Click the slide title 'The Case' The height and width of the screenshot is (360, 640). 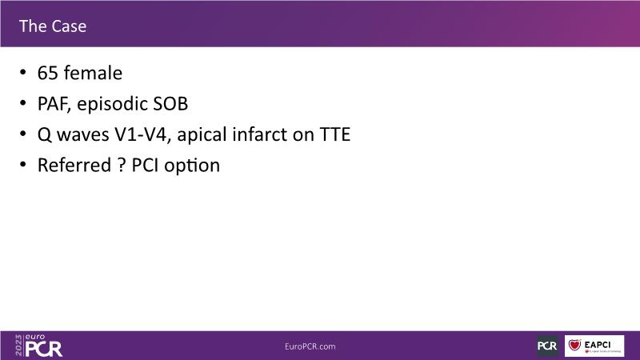53,26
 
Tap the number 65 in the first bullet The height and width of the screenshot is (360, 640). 47,74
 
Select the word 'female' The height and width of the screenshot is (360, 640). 93,73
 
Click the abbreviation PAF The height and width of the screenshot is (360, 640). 54,104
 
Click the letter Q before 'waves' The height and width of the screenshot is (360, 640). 45,135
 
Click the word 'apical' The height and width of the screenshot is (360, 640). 202,135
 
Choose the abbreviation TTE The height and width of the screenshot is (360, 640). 334,134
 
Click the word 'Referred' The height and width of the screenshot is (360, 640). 74,166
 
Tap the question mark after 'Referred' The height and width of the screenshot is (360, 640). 122,166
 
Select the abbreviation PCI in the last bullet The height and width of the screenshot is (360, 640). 145,166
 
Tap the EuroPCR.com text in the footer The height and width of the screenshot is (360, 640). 310,346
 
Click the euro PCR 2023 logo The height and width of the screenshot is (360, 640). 38,346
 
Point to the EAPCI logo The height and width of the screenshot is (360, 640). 594,346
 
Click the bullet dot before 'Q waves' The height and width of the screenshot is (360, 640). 23,134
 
